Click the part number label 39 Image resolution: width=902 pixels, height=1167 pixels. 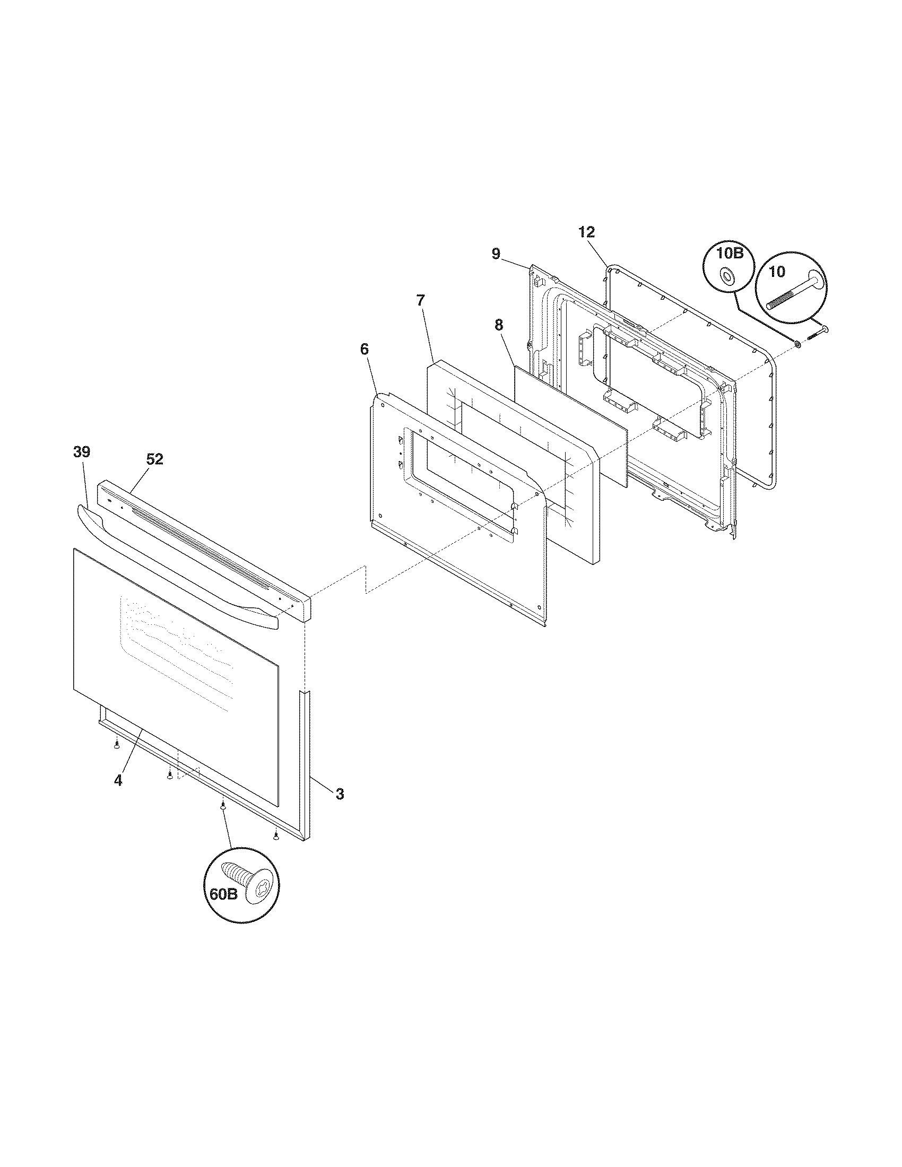[82, 452]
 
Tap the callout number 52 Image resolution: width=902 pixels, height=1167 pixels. [154, 459]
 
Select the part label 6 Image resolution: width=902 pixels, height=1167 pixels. [364, 350]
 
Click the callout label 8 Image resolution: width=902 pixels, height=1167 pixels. [499, 324]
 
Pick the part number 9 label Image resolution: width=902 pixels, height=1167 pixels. [496, 254]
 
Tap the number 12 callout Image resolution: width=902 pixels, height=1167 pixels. [586, 232]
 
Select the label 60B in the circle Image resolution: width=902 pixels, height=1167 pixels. [223, 894]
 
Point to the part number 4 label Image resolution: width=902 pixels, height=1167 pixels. [118, 780]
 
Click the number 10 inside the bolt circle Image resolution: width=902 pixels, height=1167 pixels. [777, 272]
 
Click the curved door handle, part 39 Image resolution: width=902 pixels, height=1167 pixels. [176, 567]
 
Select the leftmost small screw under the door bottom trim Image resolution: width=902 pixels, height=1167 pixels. [116, 744]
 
